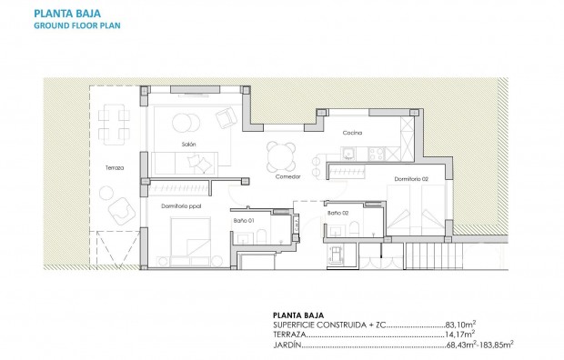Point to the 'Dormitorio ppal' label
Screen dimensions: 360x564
(x=180, y=206)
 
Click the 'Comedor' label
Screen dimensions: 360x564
(x=287, y=176)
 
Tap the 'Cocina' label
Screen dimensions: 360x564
(x=353, y=134)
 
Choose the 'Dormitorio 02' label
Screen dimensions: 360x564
(x=411, y=179)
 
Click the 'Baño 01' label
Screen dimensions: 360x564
(x=242, y=221)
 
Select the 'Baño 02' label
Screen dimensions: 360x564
(x=338, y=214)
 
